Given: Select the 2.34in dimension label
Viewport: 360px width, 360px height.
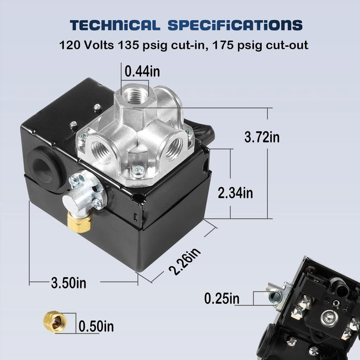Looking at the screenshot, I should [236, 193].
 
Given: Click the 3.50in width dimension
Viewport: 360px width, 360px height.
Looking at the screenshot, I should [68, 282].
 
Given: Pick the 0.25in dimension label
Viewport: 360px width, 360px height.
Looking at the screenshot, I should [222, 298].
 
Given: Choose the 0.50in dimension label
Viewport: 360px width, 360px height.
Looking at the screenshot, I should [96, 326].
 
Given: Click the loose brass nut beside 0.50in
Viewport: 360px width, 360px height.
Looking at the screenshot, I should [54, 321].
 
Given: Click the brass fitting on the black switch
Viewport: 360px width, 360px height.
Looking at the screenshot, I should [79, 221].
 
